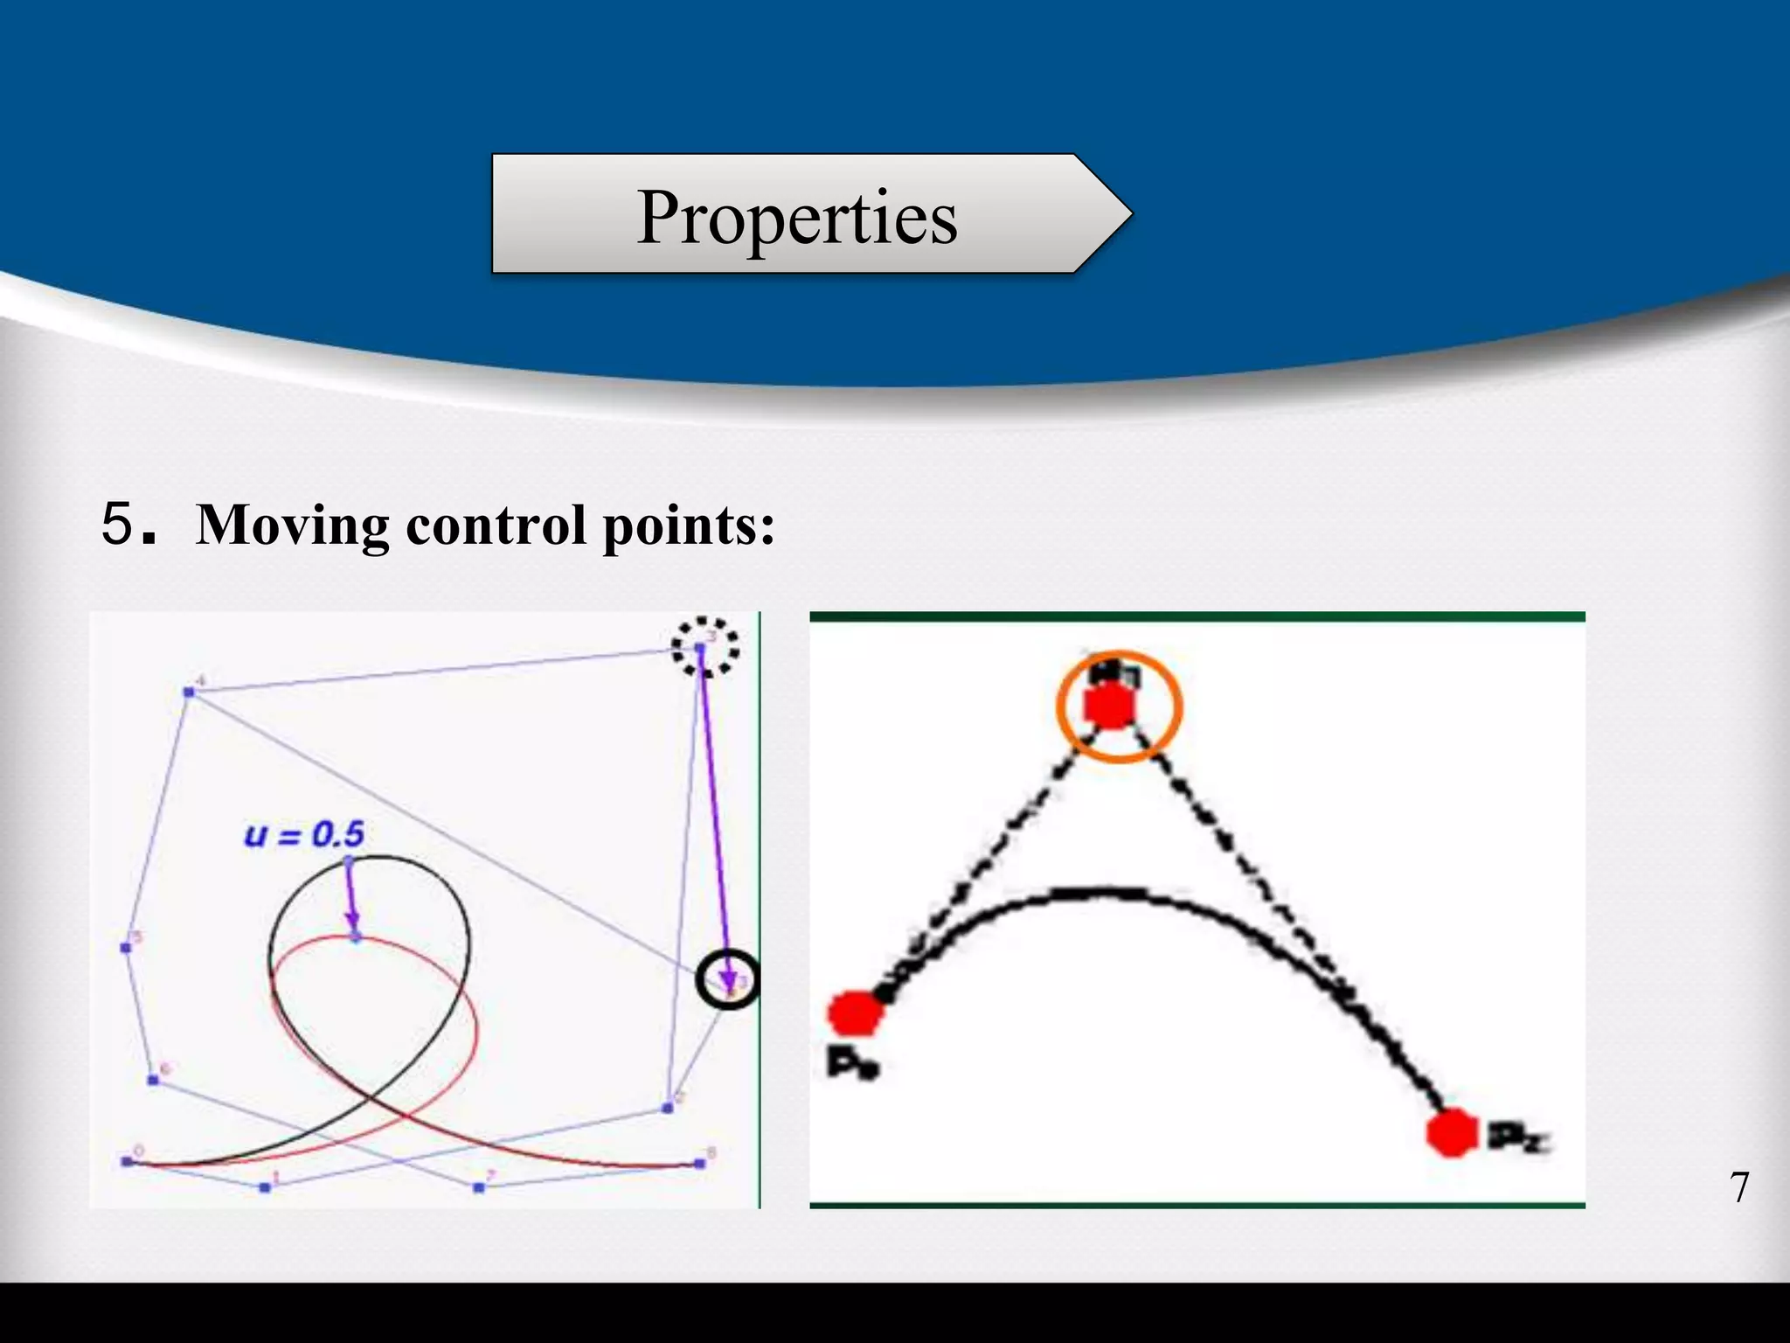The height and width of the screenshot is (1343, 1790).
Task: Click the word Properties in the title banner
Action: (x=797, y=217)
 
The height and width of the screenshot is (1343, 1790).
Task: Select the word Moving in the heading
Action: (x=293, y=525)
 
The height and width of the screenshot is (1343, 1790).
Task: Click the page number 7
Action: (x=1739, y=1187)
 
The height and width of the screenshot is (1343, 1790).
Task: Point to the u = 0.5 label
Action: (x=304, y=835)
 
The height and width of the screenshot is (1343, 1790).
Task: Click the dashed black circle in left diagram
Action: (x=704, y=647)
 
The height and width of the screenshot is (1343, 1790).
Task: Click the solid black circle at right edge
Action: (x=728, y=979)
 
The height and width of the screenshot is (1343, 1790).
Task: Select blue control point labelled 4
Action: (x=189, y=692)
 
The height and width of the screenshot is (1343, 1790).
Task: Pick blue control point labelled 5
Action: (x=125, y=948)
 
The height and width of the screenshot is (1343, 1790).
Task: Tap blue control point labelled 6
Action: (x=153, y=1081)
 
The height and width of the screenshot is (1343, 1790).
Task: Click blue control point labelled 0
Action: (x=127, y=1162)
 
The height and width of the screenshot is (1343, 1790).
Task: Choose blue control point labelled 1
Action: (x=265, y=1187)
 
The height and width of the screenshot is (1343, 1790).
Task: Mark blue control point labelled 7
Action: (x=478, y=1187)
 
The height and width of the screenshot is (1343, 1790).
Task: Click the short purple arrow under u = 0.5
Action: (x=351, y=901)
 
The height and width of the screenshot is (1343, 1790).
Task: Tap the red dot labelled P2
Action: (x=1451, y=1133)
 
